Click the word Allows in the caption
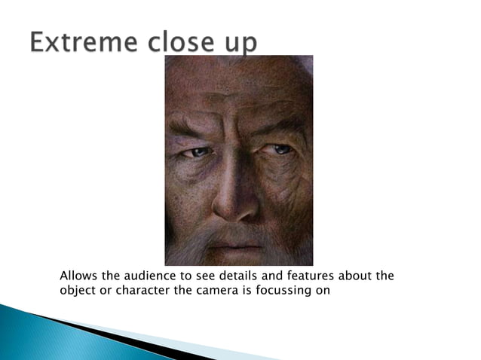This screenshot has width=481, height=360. [77, 276]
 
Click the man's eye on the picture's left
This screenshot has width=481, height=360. [200, 152]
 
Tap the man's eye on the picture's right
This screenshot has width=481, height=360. [280, 149]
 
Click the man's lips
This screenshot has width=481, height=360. [235, 246]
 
